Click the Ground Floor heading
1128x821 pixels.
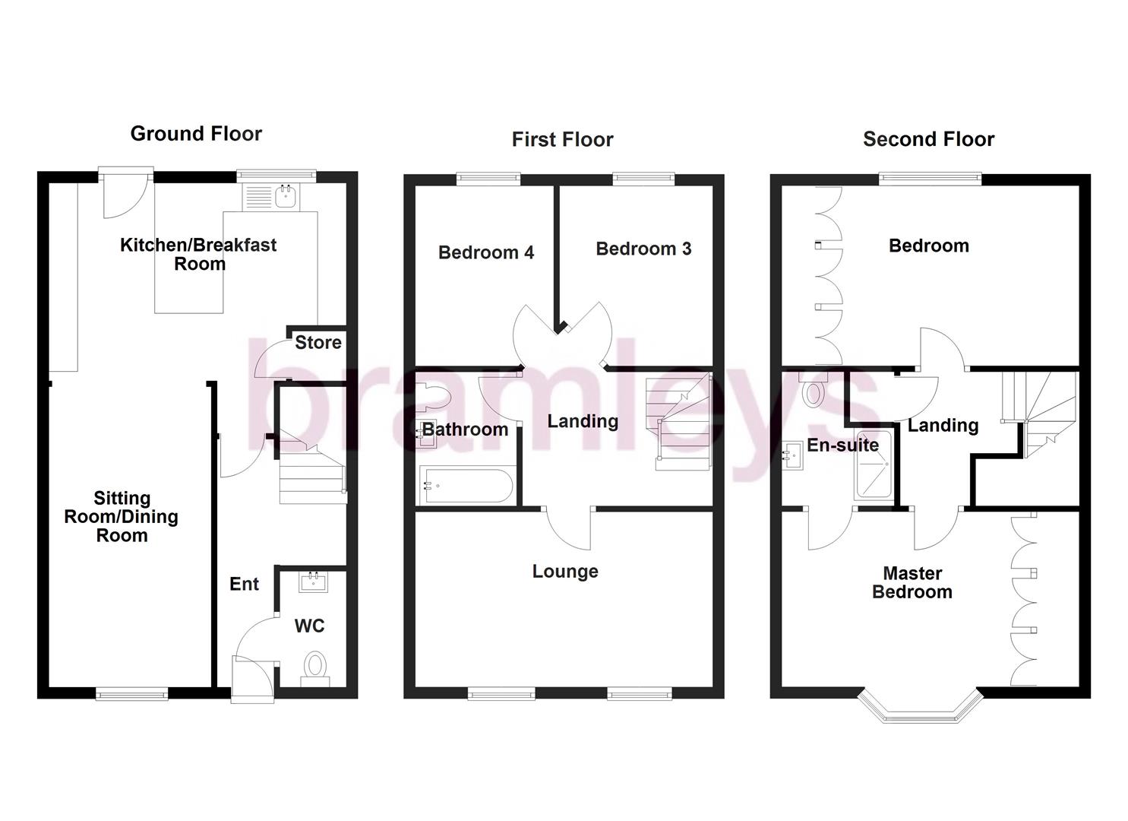(196, 134)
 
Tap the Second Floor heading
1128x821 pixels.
(928, 139)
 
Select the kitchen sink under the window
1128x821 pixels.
(286, 197)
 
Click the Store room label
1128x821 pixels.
(318, 343)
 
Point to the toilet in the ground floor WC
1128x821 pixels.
(314, 667)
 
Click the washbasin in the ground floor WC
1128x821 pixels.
(313, 582)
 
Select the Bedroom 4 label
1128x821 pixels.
(486, 252)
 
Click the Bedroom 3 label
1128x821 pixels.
(643, 249)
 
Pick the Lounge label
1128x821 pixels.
(565, 572)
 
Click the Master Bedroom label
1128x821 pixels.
(912, 582)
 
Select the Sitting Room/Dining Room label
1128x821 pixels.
(122, 517)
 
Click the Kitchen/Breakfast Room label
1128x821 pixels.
(199, 254)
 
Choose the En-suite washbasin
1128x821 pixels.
(792, 456)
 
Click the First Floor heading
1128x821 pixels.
(562, 140)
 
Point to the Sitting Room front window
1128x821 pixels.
(131, 693)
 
